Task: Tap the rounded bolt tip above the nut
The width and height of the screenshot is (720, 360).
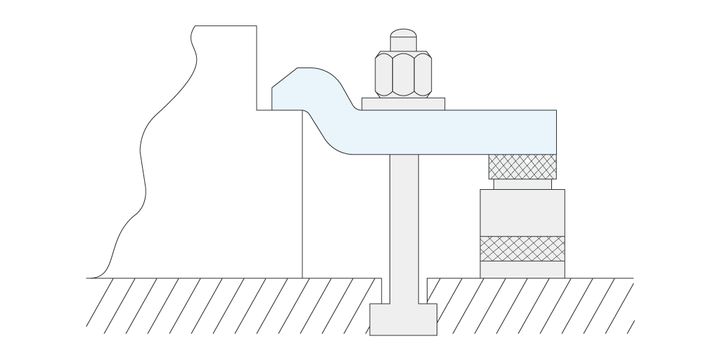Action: (x=403, y=39)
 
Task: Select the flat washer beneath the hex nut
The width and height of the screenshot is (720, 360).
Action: (x=403, y=104)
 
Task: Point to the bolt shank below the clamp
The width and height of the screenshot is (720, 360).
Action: (x=404, y=225)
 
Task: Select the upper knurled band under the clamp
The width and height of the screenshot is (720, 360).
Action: (x=522, y=167)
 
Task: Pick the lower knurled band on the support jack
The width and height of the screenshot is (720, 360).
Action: (x=522, y=247)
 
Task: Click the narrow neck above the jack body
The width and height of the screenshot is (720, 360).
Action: (x=522, y=184)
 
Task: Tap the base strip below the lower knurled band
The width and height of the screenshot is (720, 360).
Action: (x=522, y=269)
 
